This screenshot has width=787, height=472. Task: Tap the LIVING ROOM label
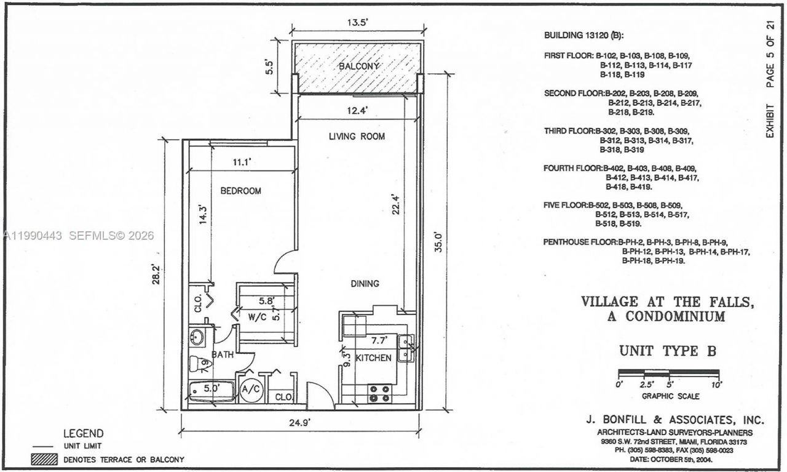(x=357, y=137)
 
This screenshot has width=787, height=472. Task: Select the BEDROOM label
(x=240, y=191)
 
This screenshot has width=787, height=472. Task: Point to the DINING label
(x=365, y=284)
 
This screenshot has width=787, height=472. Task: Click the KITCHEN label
(x=374, y=358)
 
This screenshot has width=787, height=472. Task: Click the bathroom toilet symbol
(x=200, y=364)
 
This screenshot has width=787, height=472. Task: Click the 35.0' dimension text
(x=438, y=244)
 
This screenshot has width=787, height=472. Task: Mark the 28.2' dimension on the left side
(x=157, y=274)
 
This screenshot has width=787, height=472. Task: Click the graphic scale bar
(x=668, y=372)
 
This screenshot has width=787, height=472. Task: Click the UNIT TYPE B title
(x=668, y=351)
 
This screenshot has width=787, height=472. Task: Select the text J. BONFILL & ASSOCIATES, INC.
(x=674, y=420)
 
